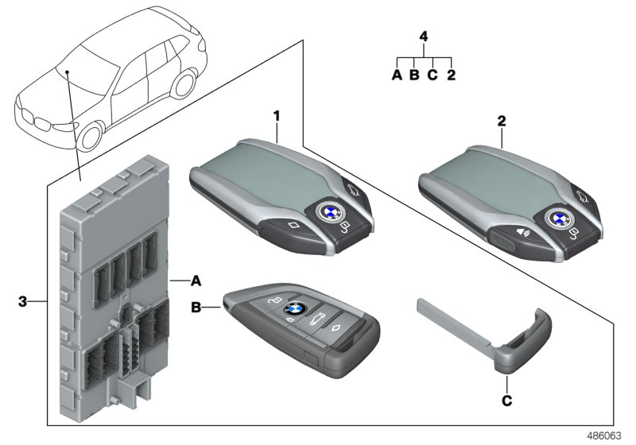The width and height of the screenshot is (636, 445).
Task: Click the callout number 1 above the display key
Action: point(277,116)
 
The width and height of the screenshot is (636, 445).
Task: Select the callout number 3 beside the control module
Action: point(24,301)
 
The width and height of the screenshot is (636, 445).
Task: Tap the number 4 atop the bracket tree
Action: point(424,37)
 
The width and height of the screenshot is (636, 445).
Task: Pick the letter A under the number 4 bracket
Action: point(397,75)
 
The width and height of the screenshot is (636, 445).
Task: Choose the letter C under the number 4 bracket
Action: point(432,75)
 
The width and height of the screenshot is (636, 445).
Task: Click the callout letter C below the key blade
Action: point(506,401)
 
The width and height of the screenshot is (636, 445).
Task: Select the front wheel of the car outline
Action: point(91,137)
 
